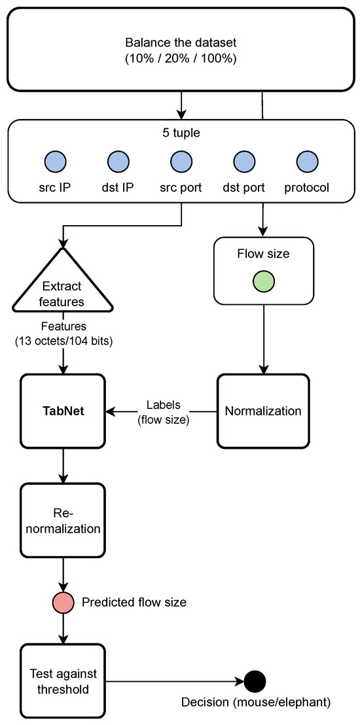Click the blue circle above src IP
[56, 160]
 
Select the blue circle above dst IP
[118, 160]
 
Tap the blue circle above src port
[181, 160]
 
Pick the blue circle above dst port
[243, 160]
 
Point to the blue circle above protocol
[306, 160]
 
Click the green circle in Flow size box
[263, 282]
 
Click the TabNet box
[63, 412]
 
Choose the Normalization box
[263, 412]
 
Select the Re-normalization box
[63, 520]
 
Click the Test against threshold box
[63, 681]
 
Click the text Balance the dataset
[181, 43]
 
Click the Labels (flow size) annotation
[163, 412]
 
